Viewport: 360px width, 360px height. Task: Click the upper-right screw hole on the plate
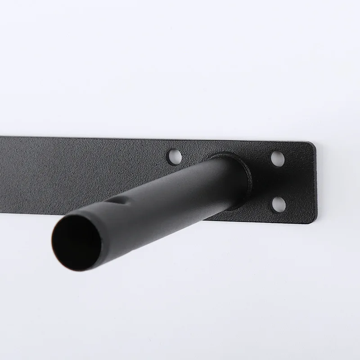click(x=278, y=158)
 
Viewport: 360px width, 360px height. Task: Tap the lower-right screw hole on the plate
click(x=279, y=204)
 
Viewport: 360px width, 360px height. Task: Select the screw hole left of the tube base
click(x=175, y=157)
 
